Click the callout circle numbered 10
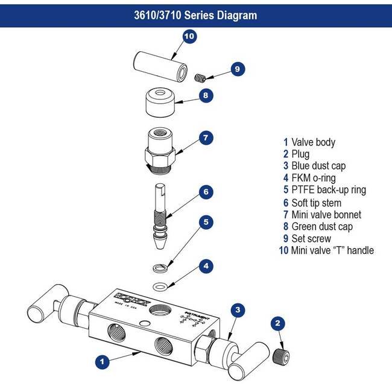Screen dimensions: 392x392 pyautogui.click(x=189, y=37)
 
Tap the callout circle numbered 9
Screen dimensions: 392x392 pyautogui.click(x=237, y=69)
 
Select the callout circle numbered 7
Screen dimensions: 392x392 pyautogui.click(x=205, y=138)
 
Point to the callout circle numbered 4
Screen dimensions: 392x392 pyautogui.click(x=206, y=265)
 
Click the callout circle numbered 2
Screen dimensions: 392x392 pyautogui.click(x=278, y=324)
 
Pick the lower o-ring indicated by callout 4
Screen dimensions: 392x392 pyautogui.click(x=160, y=286)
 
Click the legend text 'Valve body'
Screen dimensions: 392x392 pyautogui.click(x=313, y=142)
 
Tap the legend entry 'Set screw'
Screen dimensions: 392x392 pyautogui.click(x=311, y=239)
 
